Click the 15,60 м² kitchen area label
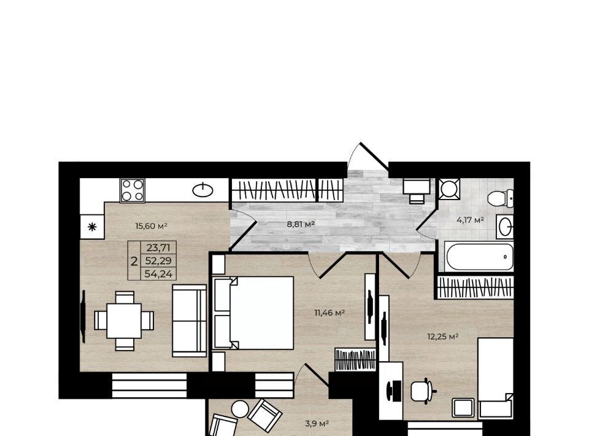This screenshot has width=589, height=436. click(x=151, y=226)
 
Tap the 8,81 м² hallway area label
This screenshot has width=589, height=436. click(x=301, y=224)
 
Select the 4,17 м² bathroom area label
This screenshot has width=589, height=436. click(x=470, y=220)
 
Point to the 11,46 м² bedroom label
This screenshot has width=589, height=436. click(x=329, y=313)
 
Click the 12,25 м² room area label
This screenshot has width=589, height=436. click(x=443, y=337)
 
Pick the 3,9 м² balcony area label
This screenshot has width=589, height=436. click(x=317, y=424)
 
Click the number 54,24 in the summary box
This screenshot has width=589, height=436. click(x=158, y=274)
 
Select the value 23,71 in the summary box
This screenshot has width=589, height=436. click(x=158, y=247)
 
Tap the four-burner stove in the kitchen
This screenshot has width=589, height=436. click(x=133, y=190)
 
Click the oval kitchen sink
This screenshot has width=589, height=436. click(x=203, y=190)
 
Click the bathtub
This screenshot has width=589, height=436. click(x=479, y=257)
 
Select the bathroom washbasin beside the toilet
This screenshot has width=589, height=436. click(x=505, y=226)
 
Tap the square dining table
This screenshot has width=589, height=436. click(x=124, y=321)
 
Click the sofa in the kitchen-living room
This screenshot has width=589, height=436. click(x=190, y=321)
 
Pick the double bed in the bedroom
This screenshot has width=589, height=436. click(x=253, y=313)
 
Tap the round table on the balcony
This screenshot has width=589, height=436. click(x=240, y=409)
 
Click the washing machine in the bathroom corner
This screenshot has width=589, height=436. click(x=449, y=189)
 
